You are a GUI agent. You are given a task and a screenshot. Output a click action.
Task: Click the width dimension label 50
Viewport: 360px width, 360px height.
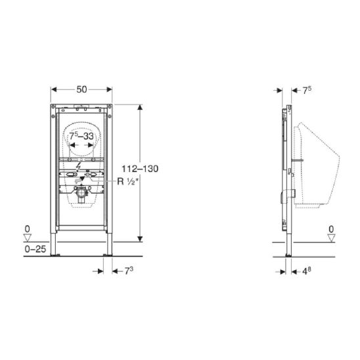(x=81, y=89)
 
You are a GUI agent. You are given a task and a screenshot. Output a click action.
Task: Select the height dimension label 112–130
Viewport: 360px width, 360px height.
(x=140, y=169)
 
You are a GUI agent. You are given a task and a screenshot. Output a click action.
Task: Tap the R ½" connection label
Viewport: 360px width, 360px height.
(x=128, y=181)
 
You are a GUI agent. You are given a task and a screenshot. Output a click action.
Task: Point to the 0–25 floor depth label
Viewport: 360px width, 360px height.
(x=35, y=249)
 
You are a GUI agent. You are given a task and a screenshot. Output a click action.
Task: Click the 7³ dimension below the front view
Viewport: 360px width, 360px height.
(x=129, y=271)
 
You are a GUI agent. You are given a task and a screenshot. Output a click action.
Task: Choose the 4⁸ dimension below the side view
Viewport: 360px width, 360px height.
(x=307, y=271)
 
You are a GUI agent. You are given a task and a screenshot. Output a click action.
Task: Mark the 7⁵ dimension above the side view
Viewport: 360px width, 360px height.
(x=307, y=90)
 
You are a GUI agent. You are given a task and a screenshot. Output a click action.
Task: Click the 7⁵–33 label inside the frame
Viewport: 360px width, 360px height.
(x=81, y=136)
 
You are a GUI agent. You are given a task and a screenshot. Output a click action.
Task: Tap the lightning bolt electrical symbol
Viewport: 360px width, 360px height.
(x=79, y=167)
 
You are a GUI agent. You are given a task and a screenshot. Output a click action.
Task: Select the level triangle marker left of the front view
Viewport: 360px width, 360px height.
(x=28, y=238)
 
